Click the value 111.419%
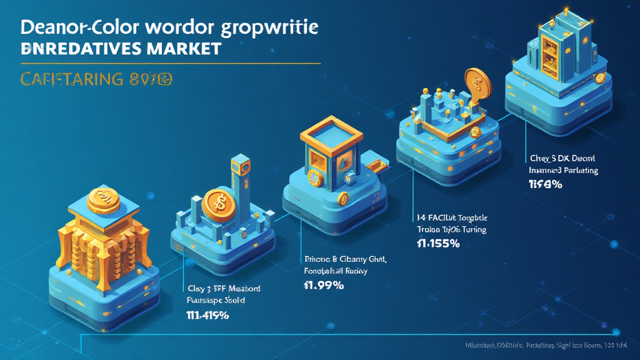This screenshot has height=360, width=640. (x=207, y=315)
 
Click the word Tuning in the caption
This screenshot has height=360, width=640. (x=472, y=229)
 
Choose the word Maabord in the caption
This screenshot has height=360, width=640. (x=242, y=289)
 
